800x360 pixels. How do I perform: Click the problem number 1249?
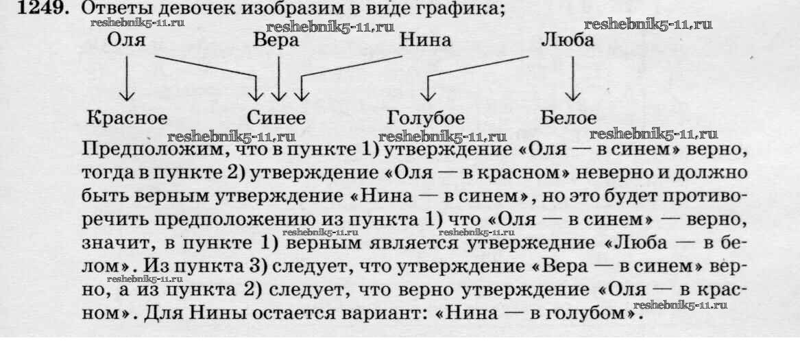point(28,9)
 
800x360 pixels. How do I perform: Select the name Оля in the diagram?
point(126,40)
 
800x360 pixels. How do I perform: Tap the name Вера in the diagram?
point(276,40)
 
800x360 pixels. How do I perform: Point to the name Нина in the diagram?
point(426,40)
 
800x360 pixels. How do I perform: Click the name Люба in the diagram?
point(567,40)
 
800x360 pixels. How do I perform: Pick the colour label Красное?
point(128,117)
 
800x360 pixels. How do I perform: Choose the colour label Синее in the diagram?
point(276,117)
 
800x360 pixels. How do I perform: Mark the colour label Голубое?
point(426,117)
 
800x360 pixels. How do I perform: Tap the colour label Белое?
point(568,117)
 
